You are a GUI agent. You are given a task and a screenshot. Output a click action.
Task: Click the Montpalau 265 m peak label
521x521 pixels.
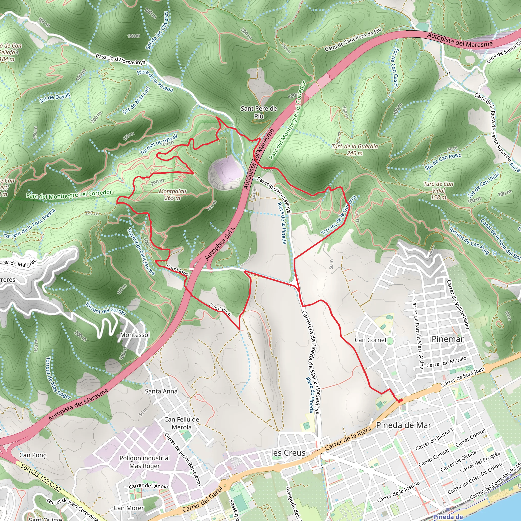coord(172,194)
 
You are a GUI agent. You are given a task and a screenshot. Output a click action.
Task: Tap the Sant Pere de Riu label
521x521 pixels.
coord(259,112)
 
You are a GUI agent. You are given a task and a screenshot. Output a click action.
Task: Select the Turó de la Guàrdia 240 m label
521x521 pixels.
coord(355,150)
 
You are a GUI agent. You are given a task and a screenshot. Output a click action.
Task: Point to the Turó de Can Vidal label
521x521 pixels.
coord(439,190)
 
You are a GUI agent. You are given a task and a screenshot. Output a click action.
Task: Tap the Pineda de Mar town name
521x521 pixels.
coord(403,425)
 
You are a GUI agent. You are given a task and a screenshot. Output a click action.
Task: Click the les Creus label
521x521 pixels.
coord(288,453)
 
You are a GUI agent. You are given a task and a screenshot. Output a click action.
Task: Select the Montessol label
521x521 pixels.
coord(135,335)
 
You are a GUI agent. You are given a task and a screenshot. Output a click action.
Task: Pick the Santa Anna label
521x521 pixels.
coord(161,391)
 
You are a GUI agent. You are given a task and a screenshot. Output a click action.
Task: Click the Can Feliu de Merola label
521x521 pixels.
coord(181,423)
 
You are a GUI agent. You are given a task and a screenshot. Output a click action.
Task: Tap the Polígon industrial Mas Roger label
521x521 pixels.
coord(144,462)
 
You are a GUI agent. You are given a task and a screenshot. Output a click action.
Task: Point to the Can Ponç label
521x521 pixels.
coord(33,455)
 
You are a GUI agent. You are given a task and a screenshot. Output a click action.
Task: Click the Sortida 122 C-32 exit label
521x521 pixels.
coord(40,477)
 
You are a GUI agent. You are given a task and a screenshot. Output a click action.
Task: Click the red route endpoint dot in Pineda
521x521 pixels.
coord(401,400)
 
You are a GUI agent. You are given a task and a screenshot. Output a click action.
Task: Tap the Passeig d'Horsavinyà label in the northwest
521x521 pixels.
coord(121,59)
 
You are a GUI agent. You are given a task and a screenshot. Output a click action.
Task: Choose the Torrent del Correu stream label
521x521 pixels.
coord(106,309)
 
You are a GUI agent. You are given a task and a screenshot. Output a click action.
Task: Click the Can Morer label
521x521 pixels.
coord(129,508)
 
